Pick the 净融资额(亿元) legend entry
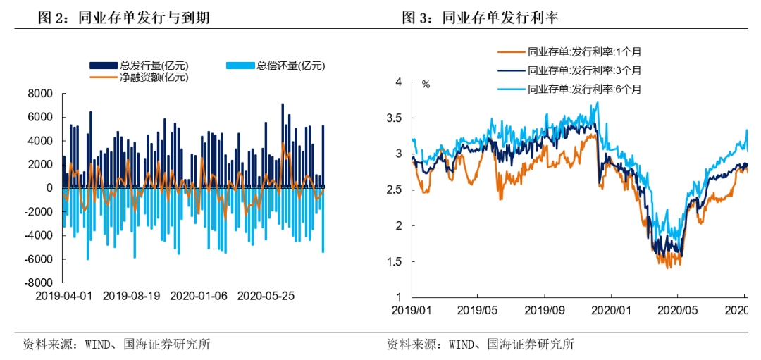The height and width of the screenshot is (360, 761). [x=140, y=77]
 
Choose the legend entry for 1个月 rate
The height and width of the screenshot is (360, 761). [x=570, y=51]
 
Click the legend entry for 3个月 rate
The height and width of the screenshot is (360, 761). [x=570, y=70]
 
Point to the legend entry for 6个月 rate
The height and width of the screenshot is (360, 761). [x=570, y=88]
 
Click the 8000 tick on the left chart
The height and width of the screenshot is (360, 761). [x=41, y=94]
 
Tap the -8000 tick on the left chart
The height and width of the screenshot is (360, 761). [x=39, y=283]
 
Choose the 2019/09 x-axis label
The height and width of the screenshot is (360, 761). [x=544, y=309]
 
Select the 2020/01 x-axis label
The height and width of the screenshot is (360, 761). [x=610, y=309]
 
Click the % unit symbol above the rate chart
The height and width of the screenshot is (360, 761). [x=426, y=84]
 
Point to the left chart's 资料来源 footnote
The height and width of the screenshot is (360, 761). [x=117, y=345]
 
